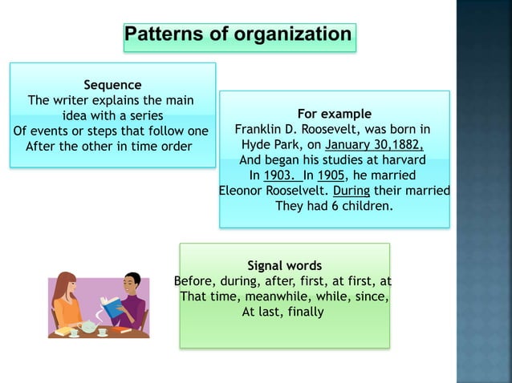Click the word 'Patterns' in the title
coord(164,35)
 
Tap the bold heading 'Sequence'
coord(112,84)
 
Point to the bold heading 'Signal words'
coord(284,265)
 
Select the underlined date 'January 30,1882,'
coord(374,144)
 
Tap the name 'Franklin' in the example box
coord(260,129)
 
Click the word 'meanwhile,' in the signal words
coord(277,296)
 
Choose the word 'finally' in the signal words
coord(304,312)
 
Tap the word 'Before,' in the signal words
coord(195,281)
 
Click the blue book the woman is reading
coord(109,305)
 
